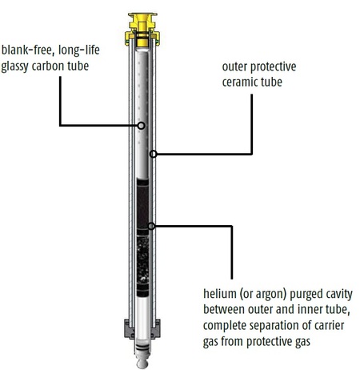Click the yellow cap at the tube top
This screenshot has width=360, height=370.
[x=142, y=29]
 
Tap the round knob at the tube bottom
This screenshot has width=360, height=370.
[x=142, y=363]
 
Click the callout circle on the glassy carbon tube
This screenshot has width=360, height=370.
[x=142, y=126]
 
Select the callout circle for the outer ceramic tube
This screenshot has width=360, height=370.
[x=153, y=154]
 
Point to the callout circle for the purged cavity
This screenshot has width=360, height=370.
[x=151, y=227]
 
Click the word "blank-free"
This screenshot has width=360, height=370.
[x=26, y=50]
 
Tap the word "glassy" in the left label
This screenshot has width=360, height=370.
[x=15, y=66]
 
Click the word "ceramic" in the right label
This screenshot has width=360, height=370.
[x=240, y=82]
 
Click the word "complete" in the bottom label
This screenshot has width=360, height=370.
[x=222, y=326]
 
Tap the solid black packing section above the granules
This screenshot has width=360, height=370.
[x=142, y=207]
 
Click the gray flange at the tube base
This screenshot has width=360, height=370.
[x=142, y=329]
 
